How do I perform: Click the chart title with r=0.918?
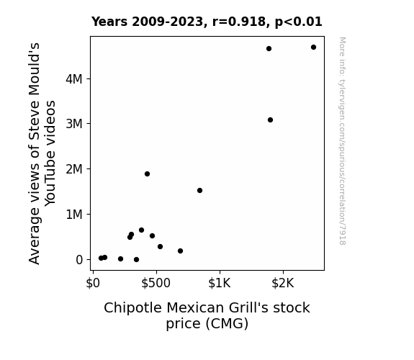coord(207,22)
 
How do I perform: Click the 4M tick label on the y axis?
coord(74,79)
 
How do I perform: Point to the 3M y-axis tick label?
coord(74,124)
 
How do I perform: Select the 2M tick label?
coord(74,169)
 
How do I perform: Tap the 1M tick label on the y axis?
coord(74,215)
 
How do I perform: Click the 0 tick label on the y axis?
coord(79,260)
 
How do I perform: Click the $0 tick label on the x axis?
coord(93,283)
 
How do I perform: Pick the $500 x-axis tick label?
coord(156,283)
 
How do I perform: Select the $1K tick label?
coord(220,283)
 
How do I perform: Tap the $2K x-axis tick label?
coord(283,283)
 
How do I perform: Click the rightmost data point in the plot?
coord(313,48)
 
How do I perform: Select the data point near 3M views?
coord(270,120)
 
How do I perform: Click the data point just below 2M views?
coord(147,174)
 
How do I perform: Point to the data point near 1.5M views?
coord(199,190)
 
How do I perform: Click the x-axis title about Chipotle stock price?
coord(207,315)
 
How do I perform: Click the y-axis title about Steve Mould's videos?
coord(42,153)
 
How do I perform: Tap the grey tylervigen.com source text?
coord(342,141)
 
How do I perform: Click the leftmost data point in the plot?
coord(101,258)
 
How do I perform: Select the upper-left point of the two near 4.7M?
coord(269,48)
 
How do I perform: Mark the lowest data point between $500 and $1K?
coord(180,251)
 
